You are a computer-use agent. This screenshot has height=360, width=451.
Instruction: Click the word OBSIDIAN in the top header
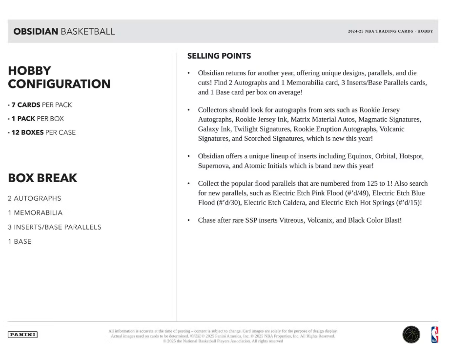36,32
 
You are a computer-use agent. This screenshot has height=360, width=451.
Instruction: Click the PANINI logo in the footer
22,335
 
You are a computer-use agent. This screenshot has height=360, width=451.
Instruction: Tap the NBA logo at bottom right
434,335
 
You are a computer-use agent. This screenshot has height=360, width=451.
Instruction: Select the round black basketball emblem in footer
411,335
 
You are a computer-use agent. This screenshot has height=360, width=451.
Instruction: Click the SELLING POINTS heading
219,56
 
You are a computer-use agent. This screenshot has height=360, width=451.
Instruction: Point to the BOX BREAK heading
42,178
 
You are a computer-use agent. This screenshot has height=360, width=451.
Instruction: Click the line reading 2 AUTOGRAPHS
35,198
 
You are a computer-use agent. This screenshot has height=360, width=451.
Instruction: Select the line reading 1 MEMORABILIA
35,213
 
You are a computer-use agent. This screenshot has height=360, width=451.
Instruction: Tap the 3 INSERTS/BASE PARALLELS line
55,227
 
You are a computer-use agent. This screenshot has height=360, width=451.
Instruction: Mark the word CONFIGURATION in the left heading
59,84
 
